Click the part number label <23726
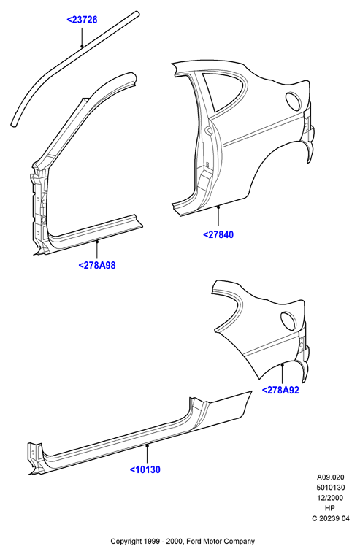pyautogui.click(x=82, y=20)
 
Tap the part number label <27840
pyautogui.click(x=218, y=234)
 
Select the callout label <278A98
pyautogui.click(x=97, y=265)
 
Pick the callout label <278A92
pyautogui.click(x=280, y=390)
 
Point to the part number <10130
pyautogui.click(x=145, y=469)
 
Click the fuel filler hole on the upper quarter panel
pyautogui.click(x=294, y=101)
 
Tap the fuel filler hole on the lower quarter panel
pyautogui.click(x=288, y=320)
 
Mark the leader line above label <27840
pyautogui.click(x=218, y=217)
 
